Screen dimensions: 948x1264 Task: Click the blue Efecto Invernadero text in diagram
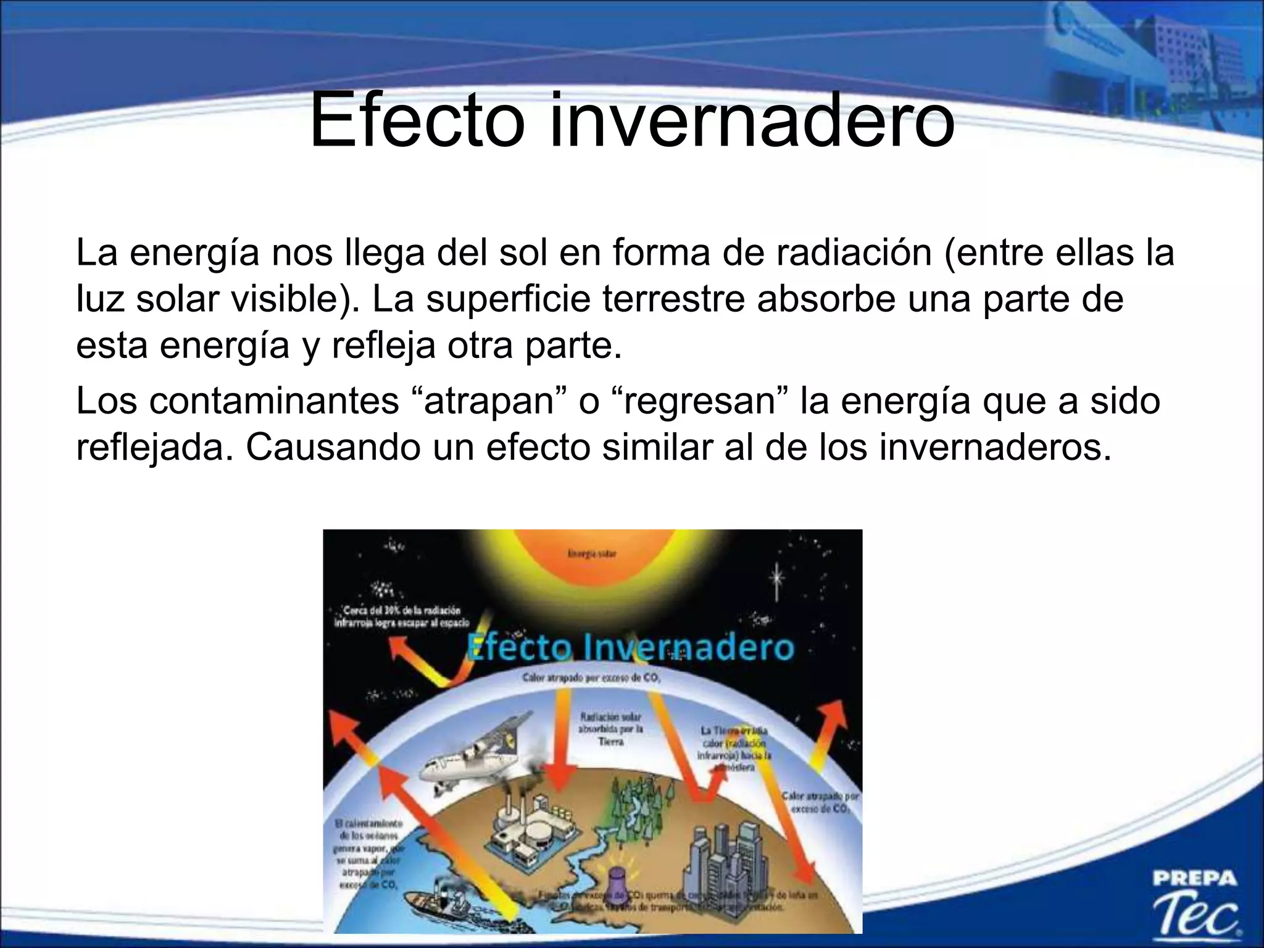click(x=630, y=647)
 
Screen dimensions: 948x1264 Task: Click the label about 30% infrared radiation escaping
click(x=401, y=617)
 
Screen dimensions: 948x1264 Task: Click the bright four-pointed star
click(x=777, y=578)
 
